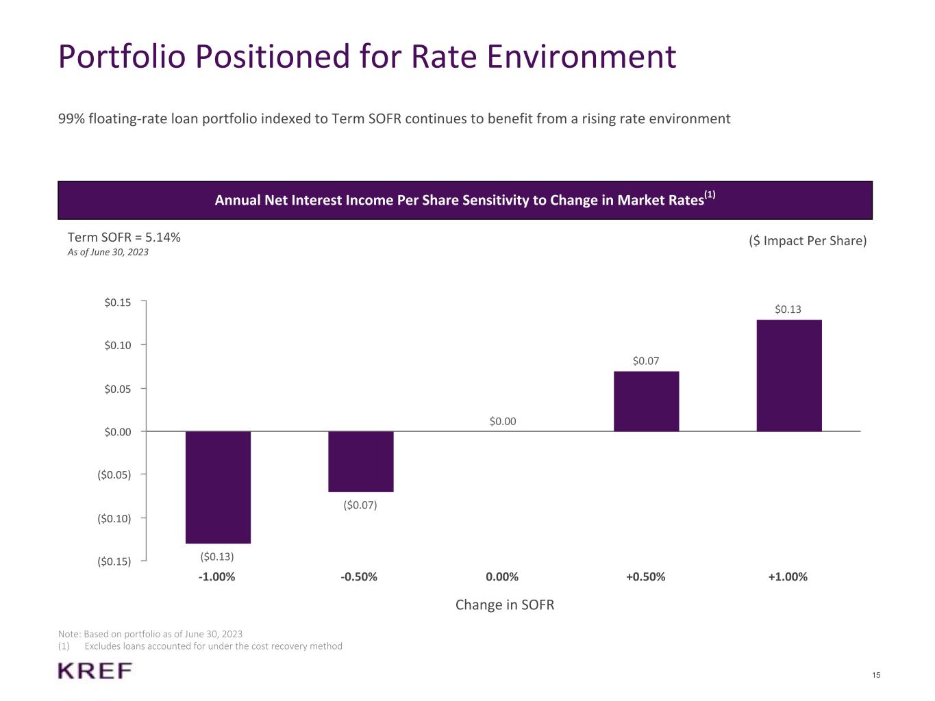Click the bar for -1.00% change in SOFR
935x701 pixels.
tap(218, 487)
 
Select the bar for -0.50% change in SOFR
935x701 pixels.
tap(360, 461)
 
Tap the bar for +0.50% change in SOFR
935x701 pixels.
tap(646, 401)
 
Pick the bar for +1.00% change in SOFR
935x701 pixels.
tap(788, 375)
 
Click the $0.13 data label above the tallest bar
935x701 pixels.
tap(788, 309)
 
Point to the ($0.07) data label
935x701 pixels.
tap(360, 505)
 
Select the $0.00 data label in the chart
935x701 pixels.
tap(503, 421)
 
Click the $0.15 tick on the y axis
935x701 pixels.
tap(117, 302)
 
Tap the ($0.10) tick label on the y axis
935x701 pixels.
tap(114, 518)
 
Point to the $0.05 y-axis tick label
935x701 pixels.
tap(117, 389)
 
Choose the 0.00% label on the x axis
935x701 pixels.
tap(502, 576)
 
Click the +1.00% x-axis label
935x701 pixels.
tap(788, 576)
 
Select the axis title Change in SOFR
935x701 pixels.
tap(505, 605)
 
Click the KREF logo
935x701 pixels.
tap(95, 671)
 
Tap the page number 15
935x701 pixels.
tap(876, 676)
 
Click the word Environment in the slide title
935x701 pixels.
tap(582, 56)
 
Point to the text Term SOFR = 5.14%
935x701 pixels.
tap(124, 238)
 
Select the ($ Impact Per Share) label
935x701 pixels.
tap(808, 241)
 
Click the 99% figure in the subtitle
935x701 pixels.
tap(71, 119)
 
